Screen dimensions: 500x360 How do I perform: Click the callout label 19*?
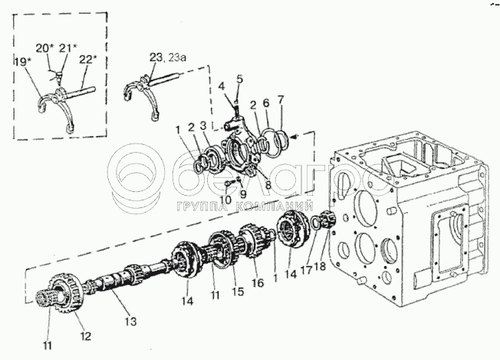22,61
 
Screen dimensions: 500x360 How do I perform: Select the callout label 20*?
44,48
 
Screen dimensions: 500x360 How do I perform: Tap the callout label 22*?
87,60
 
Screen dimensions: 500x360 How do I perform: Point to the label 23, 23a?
168,58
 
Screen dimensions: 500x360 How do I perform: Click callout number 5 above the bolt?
239,79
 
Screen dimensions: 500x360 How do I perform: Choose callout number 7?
281,101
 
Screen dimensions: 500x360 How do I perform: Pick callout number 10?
225,200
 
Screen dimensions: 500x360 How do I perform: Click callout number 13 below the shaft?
130,321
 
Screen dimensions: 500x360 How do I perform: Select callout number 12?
86,335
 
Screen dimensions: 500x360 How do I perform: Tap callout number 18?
320,266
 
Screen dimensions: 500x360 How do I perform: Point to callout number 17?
307,271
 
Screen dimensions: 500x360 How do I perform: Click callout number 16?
258,282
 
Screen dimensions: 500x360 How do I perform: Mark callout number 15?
238,292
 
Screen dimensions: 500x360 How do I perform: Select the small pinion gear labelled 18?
327,220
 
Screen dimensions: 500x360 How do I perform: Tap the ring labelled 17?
314,222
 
